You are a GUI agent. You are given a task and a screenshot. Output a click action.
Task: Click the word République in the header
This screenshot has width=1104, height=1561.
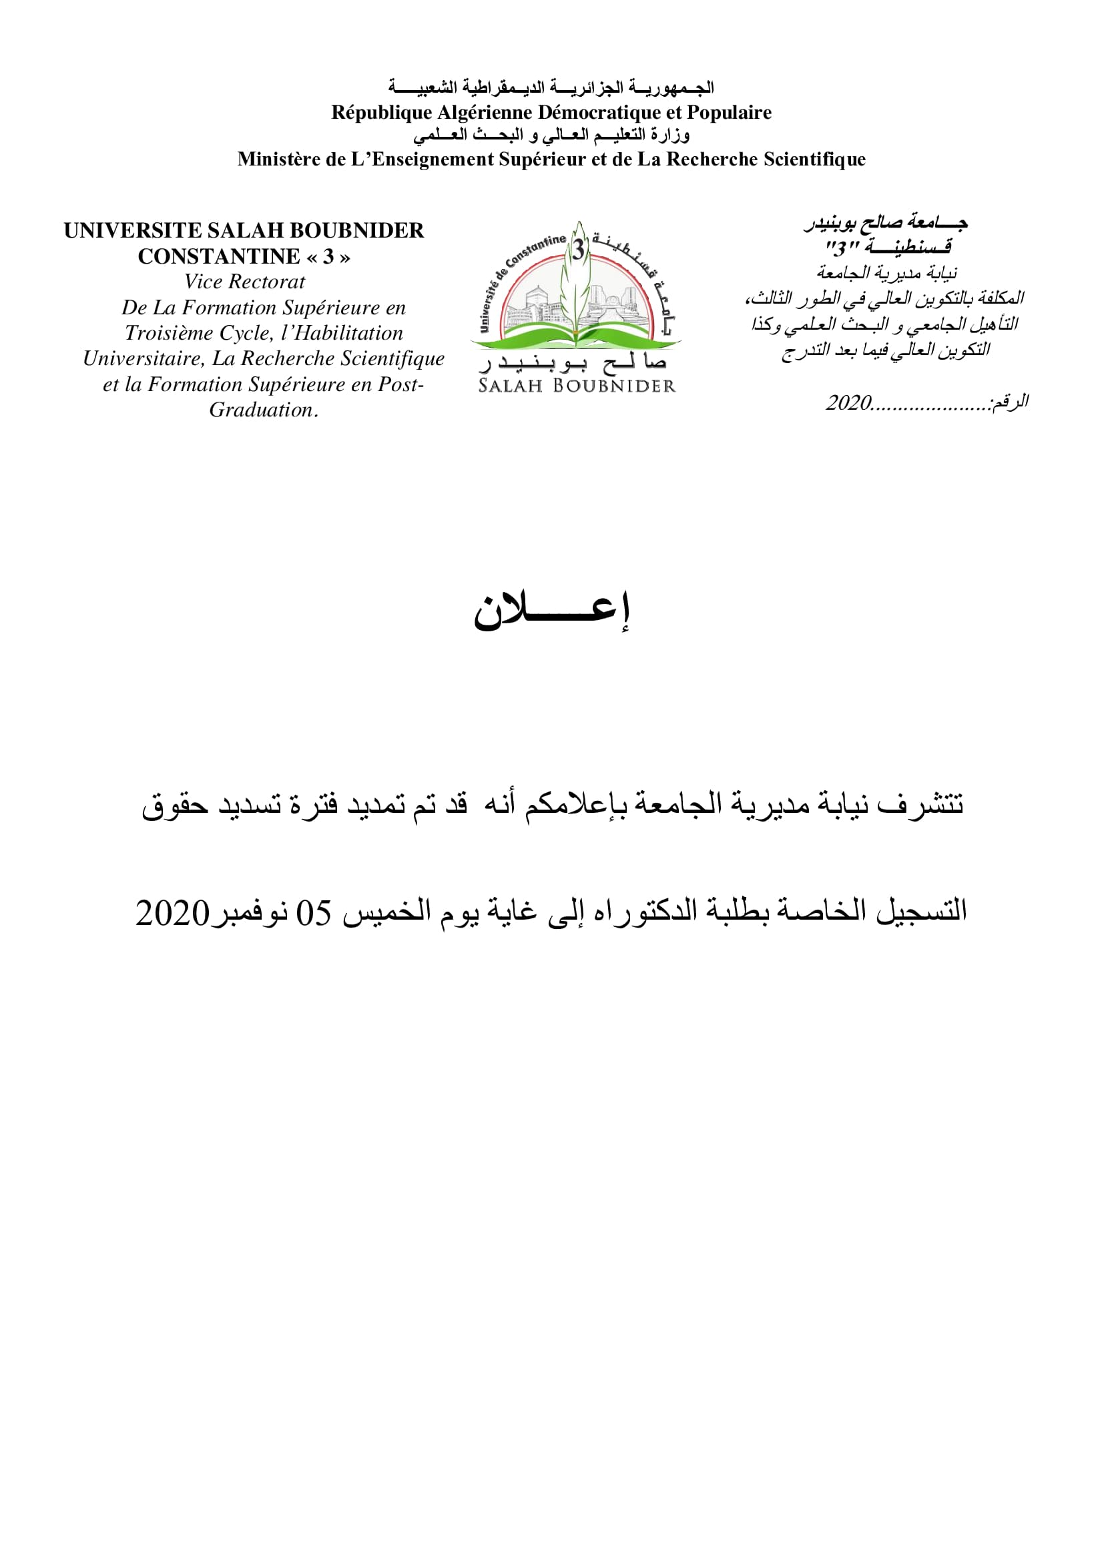381,113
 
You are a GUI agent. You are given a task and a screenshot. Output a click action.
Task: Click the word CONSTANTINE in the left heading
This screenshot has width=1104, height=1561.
218,257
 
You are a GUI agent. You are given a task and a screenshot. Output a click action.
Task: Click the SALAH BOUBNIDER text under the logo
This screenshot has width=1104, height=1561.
577,386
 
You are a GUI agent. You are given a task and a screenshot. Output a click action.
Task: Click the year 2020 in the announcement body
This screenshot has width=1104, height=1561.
172,913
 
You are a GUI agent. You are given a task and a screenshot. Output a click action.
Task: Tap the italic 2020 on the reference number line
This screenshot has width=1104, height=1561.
848,403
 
